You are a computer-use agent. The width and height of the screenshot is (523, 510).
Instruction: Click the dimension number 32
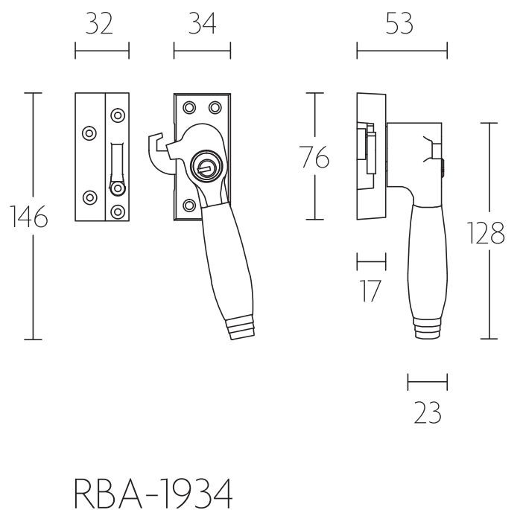(x=100, y=25)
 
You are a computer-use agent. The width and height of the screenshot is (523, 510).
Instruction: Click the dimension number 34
(x=201, y=25)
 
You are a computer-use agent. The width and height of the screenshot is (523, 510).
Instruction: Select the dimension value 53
(x=400, y=25)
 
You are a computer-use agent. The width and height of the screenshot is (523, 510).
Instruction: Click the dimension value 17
(x=370, y=290)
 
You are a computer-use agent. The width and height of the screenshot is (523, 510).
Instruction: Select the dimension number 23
(x=427, y=412)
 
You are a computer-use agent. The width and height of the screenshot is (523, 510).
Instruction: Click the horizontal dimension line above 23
(x=427, y=383)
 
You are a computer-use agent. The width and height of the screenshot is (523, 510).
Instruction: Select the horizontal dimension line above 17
(x=371, y=261)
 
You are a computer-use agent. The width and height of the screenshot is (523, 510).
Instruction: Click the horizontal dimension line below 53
(x=402, y=51)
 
